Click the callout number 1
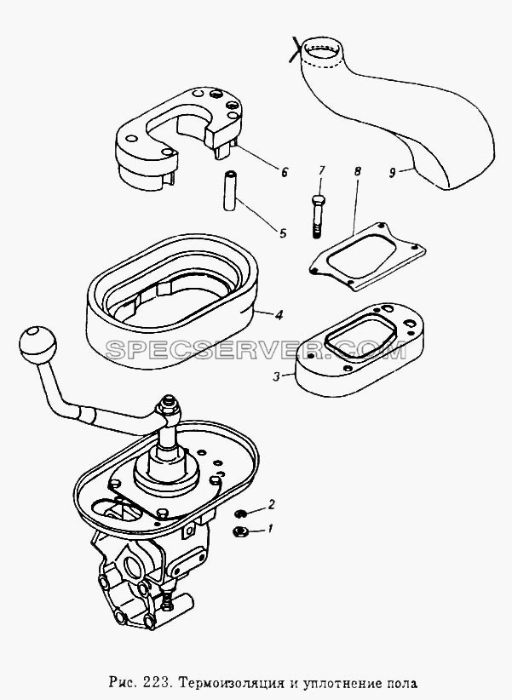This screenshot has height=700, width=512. [269, 530]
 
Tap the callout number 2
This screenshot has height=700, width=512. [271, 505]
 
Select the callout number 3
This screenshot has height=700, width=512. [277, 376]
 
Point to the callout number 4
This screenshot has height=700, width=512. [279, 315]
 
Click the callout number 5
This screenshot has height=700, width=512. [282, 233]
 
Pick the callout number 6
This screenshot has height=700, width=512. [285, 172]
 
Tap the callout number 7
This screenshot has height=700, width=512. [322, 170]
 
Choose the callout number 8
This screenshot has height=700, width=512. [358, 171]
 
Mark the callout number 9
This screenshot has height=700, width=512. [392, 173]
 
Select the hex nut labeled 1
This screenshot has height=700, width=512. [240, 531]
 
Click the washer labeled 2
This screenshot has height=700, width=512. [241, 514]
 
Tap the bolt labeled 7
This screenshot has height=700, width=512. [316, 217]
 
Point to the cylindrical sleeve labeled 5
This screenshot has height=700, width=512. [230, 191]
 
